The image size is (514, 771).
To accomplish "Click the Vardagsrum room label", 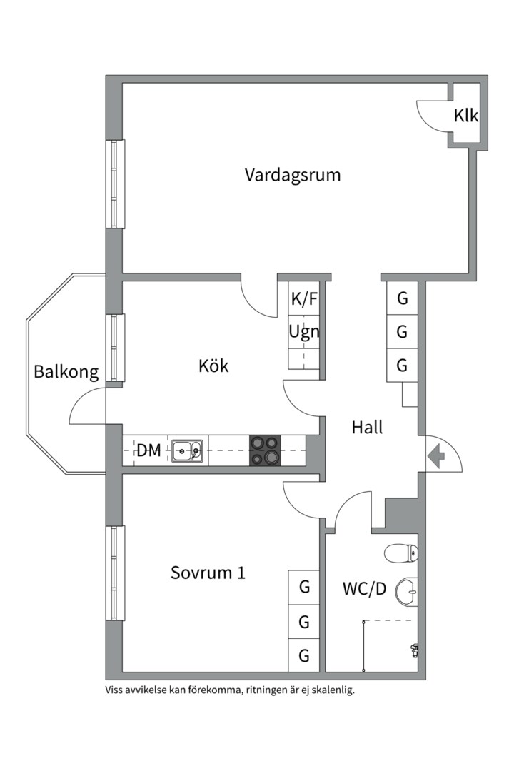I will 292,175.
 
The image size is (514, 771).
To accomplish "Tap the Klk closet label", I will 465,116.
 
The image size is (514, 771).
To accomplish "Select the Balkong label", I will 66,372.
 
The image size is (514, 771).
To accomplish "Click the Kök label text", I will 213,366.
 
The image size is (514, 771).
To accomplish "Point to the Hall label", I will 367,428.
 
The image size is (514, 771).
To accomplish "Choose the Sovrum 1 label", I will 208,573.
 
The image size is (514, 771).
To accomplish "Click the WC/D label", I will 364,589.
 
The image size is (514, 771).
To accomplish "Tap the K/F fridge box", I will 303,299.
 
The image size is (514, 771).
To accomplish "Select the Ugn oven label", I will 303,332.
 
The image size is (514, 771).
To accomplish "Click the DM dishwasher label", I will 148,450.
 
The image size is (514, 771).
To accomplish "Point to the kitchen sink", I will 187,450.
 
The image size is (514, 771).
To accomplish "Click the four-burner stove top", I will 263,450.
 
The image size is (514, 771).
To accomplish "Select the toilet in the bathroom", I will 401,553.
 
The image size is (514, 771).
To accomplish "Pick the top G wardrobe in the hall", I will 403,298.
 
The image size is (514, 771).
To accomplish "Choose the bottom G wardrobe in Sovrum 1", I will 303,655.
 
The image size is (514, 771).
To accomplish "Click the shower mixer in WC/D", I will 414,649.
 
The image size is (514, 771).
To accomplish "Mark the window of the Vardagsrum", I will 116,184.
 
